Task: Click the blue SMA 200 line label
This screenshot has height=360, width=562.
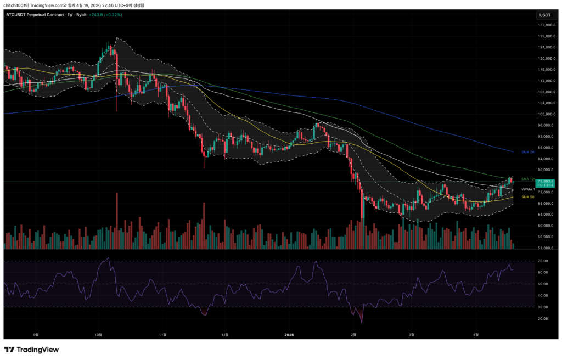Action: pyautogui.click(x=528, y=151)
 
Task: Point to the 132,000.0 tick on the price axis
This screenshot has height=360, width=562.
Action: pyautogui.click(x=545, y=25)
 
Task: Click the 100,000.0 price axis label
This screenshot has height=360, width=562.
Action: pyautogui.click(x=545, y=114)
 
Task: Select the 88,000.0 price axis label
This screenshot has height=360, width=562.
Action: pyautogui.click(x=545, y=148)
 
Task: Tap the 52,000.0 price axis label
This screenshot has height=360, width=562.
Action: pyautogui.click(x=545, y=248)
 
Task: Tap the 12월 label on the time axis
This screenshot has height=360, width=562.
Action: pyautogui.click(x=224, y=333)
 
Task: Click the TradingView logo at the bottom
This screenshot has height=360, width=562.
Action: pyautogui.click(x=31, y=350)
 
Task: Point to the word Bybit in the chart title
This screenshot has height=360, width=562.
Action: pyautogui.click(x=81, y=15)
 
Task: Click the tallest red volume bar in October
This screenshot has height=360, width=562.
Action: pyautogui.click(x=117, y=220)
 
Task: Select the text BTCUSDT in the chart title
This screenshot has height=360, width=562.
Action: pyautogui.click(x=16, y=15)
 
